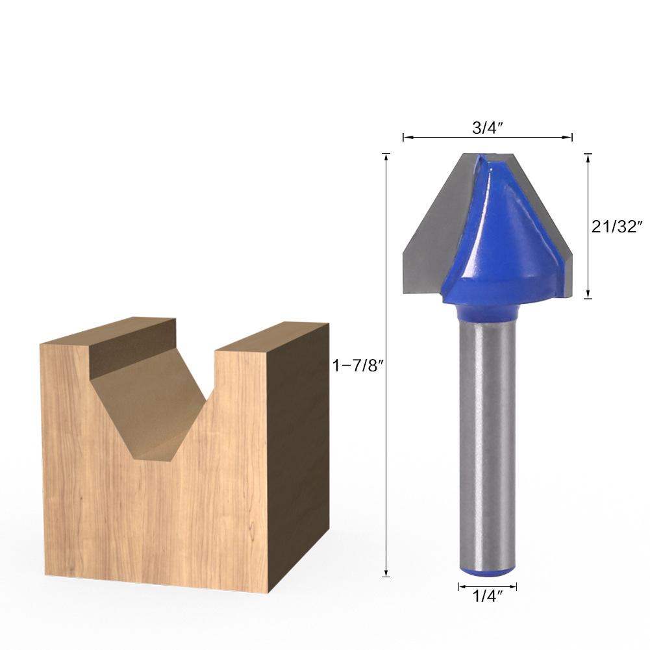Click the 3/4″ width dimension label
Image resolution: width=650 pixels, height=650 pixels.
coord(488,128)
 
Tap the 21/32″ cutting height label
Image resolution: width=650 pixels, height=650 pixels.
coord(617,226)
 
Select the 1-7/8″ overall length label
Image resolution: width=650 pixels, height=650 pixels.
coord(359,366)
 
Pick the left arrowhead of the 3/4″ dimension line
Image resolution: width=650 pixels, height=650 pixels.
coord(405,137)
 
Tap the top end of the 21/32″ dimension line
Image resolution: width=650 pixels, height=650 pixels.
coord(588,155)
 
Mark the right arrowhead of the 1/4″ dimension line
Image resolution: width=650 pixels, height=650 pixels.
coord(515,587)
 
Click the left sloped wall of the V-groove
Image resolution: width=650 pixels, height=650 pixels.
coord(140,403)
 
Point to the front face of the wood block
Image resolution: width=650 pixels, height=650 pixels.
coord(156,519)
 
